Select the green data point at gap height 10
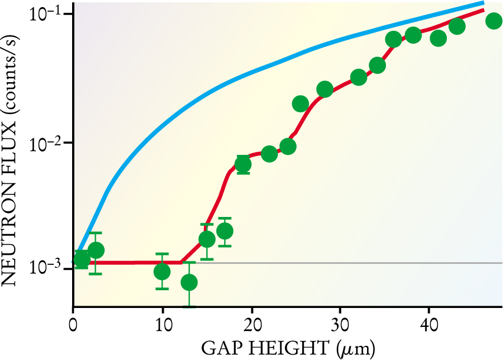tap(162, 271)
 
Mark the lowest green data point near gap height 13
tap(189, 283)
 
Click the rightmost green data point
tap(494, 21)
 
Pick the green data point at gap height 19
tap(243, 164)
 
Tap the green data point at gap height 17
tap(225, 231)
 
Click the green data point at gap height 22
tap(269, 154)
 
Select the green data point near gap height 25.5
tap(300, 104)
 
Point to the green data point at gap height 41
tap(438, 38)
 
